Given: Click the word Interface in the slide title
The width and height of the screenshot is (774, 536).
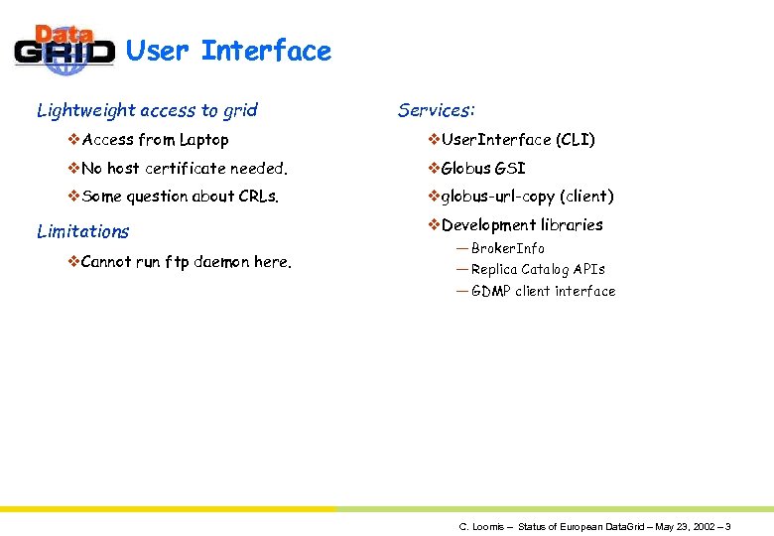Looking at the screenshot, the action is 266,51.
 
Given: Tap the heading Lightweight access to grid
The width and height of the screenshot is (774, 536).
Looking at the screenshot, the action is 147,110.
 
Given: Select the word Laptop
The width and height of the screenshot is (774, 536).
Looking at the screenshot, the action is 203,140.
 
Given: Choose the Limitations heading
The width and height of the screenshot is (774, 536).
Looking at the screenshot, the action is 83,231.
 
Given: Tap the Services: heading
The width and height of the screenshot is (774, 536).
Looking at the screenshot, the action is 436,110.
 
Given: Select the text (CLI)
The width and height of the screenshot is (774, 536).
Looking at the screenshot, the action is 576,140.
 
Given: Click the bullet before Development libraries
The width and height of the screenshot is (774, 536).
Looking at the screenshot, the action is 433,224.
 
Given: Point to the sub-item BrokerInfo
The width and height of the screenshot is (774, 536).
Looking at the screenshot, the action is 507,248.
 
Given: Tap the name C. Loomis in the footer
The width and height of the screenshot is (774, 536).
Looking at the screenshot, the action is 479,526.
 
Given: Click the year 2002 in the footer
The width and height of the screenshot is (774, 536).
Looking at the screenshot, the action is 700,526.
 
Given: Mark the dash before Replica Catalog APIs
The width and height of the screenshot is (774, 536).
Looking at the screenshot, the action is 461,269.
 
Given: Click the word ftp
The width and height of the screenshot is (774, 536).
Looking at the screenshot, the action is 178,262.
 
